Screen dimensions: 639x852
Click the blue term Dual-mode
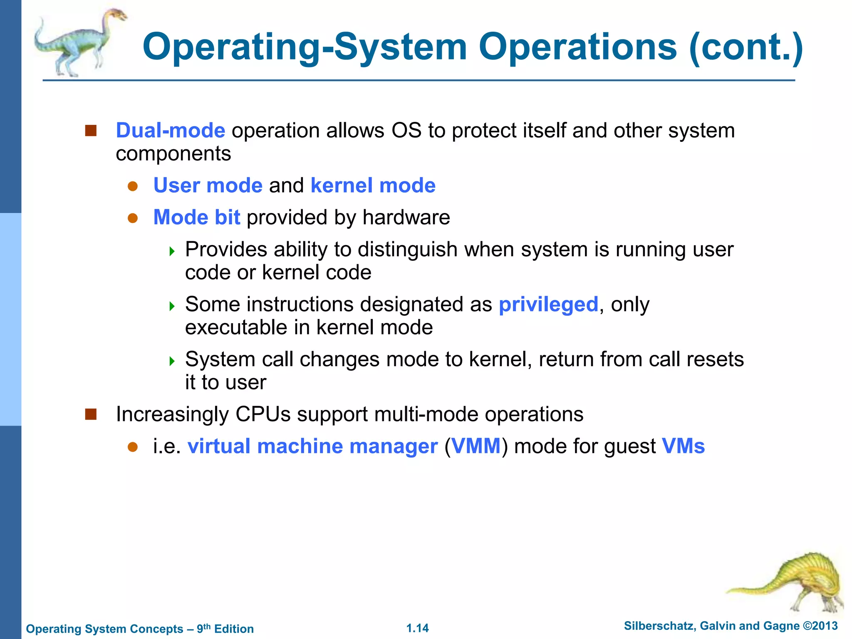tap(170, 131)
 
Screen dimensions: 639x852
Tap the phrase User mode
tap(208, 186)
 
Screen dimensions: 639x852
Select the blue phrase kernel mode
tap(373, 186)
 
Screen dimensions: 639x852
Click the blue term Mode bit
tap(196, 218)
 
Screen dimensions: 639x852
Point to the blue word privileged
tap(548, 305)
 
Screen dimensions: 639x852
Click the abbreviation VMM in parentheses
tap(476, 446)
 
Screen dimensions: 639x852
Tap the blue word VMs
tap(683, 446)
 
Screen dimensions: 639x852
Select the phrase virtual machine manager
tap(312, 446)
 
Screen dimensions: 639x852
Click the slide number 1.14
tap(417, 628)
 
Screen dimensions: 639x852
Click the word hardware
tap(406, 218)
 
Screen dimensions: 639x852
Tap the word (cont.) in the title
tap(746, 47)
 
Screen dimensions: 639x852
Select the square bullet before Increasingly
tap(91, 414)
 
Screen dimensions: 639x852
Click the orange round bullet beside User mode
tap(132, 186)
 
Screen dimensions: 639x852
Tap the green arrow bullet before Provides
tap(172, 251)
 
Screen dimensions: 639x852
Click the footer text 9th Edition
tap(225, 629)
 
